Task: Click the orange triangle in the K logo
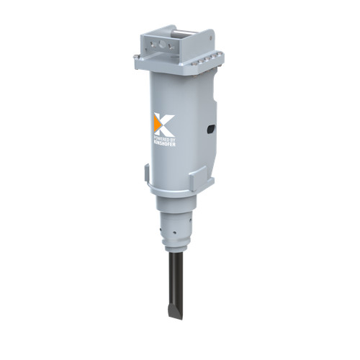pos(157,124)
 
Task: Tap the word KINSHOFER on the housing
pos(164,144)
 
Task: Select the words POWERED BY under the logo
pos(164,140)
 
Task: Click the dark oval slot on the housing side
pos(211,129)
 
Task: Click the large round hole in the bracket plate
pos(162,44)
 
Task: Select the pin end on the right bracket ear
pos(211,37)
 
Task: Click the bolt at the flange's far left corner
pos(136,57)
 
